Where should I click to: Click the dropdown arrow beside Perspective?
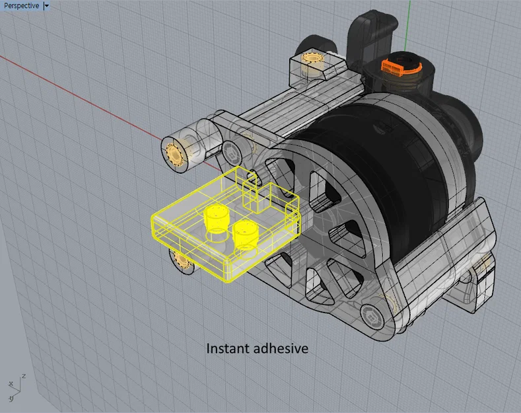[46, 5]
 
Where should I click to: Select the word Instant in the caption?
[228, 348]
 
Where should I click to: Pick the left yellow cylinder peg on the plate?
[216, 216]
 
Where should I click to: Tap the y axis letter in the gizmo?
[11, 399]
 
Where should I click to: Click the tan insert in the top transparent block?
[310, 57]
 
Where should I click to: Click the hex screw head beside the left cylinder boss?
[232, 151]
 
